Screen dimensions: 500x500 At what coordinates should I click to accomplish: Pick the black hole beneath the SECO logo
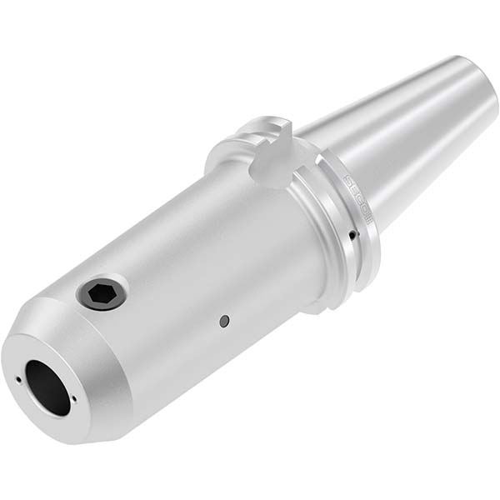353,235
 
